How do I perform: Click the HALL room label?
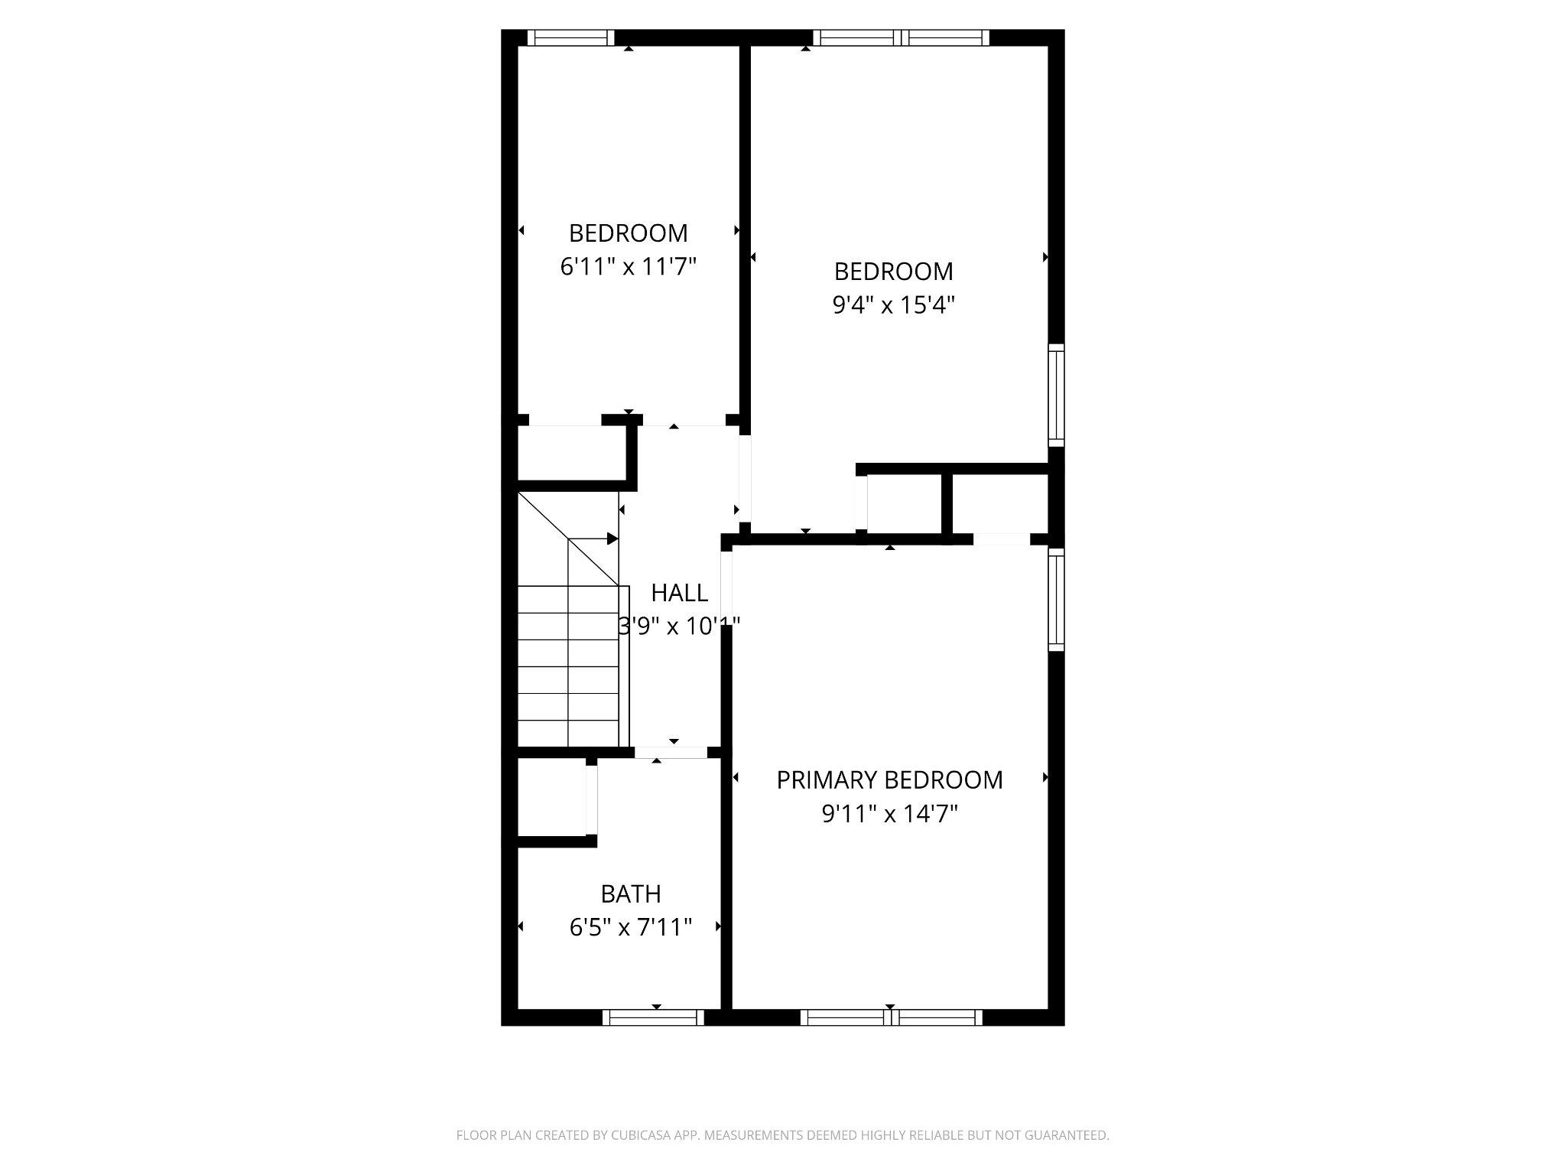click(x=679, y=593)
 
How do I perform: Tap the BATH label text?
click(x=631, y=893)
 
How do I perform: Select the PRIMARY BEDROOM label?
click(x=889, y=780)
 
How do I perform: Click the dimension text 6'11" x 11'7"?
click(x=629, y=267)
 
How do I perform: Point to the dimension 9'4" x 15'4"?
click(x=893, y=305)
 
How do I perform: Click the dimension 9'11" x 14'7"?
click(x=889, y=814)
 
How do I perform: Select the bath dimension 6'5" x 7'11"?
click(x=631, y=928)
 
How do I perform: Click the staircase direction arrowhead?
click(x=612, y=539)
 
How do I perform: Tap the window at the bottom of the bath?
click(x=652, y=1017)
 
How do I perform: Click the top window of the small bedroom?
click(x=570, y=37)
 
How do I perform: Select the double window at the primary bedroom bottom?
click(x=891, y=1017)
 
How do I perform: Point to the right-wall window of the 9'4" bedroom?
click(x=1056, y=395)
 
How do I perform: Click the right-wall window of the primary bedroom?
click(x=1056, y=599)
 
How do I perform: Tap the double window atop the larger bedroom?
click(x=901, y=37)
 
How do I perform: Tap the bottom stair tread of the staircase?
click(x=568, y=733)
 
